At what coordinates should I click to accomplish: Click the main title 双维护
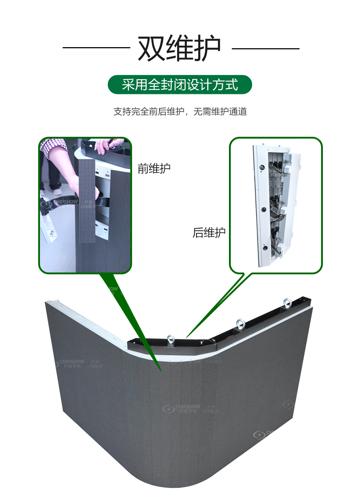click(x=179, y=48)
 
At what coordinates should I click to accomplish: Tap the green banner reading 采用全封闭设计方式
click(x=180, y=85)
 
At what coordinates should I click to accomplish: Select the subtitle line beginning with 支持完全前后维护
click(x=180, y=112)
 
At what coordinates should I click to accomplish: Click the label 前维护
click(x=154, y=168)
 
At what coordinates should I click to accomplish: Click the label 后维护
click(x=209, y=233)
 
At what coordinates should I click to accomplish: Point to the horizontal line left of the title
click(x=96, y=48)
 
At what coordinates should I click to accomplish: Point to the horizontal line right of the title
click(x=265, y=49)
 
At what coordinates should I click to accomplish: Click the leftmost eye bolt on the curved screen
click(x=171, y=339)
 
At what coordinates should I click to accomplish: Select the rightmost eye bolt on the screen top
click(x=287, y=302)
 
